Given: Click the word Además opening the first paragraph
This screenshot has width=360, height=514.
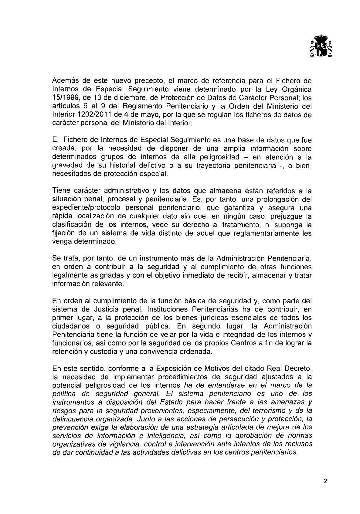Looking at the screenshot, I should [x=63, y=81].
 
